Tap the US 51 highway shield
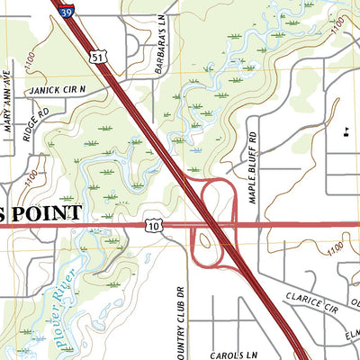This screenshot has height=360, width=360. [96, 56]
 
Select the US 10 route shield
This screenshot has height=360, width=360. [153, 227]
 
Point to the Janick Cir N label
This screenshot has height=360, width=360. [57, 90]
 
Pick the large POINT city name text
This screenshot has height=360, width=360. [45, 212]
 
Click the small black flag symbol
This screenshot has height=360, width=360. [345, 133]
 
